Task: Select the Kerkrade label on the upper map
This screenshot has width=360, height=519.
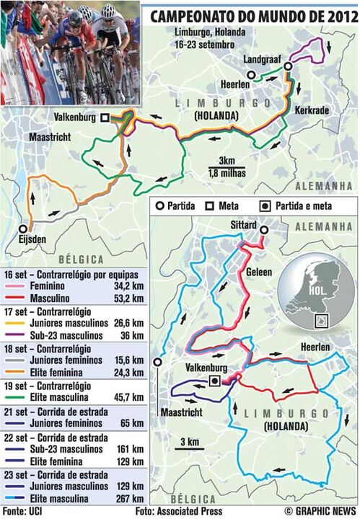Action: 310,110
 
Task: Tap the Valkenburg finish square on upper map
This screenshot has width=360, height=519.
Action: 105,117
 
